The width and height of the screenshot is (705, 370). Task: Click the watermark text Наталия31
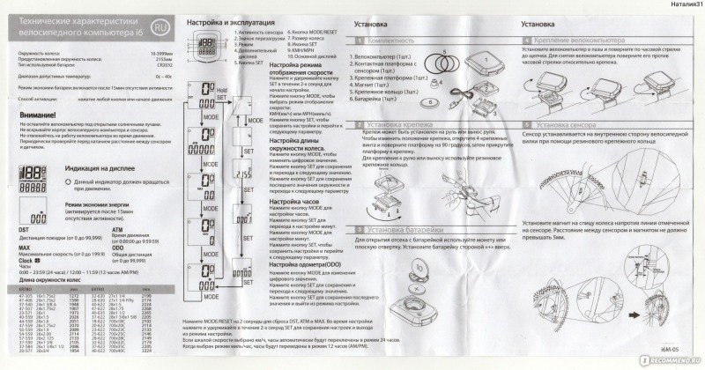tap(681, 5)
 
